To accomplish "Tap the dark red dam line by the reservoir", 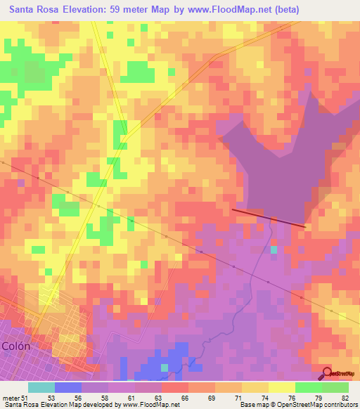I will tap(269, 218).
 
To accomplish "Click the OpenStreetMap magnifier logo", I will tap(327, 374).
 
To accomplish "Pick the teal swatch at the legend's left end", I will tap(41, 387).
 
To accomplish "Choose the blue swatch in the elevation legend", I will tap(68, 387).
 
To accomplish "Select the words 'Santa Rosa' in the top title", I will tap(32, 10).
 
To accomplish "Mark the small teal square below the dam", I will tap(274, 249).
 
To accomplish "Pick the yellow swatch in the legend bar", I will tap(282, 387).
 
